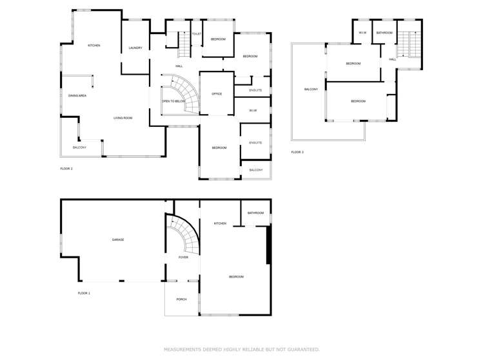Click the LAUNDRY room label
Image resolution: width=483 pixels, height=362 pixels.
pos(135,48)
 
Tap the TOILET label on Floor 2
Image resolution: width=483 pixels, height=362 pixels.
pos(196,33)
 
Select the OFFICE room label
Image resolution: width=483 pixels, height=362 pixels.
pos(217,94)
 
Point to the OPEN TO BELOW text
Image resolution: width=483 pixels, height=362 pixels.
pos(174,101)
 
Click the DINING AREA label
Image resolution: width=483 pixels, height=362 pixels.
pos(77,95)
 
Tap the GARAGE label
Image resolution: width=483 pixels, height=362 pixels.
pos(118,240)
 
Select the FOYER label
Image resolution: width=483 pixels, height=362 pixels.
pos(183,258)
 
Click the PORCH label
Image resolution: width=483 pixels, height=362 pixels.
pos(181,299)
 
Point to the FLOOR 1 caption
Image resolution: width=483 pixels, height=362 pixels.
pos(84,293)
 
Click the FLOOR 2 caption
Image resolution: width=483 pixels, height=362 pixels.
pos(66,168)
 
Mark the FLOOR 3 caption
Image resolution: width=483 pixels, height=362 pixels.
pos(297,152)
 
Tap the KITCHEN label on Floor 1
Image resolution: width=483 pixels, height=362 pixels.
pos(220,224)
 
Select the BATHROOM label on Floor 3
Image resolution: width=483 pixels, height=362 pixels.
pos(384,32)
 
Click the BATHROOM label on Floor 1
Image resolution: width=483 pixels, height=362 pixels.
pos(255,213)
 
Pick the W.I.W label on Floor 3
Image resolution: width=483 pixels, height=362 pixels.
pos(362,32)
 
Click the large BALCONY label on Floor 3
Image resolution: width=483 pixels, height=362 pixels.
pos(311,89)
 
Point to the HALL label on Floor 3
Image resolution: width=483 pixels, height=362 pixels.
pos(392,59)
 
